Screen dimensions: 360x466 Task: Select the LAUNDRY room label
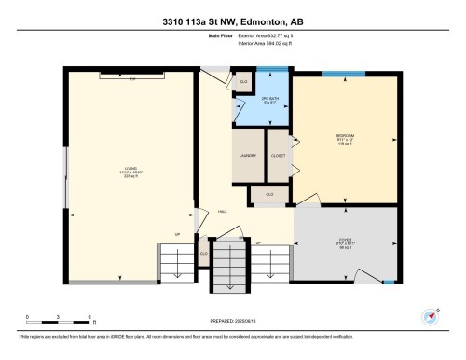[x=248, y=156]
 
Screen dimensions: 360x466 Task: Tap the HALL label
[x=223, y=212]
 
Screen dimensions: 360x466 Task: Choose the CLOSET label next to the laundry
[x=278, y=156]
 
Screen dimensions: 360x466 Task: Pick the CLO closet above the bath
[x=244, y=82]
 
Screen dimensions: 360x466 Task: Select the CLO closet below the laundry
[x=269, y=194]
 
